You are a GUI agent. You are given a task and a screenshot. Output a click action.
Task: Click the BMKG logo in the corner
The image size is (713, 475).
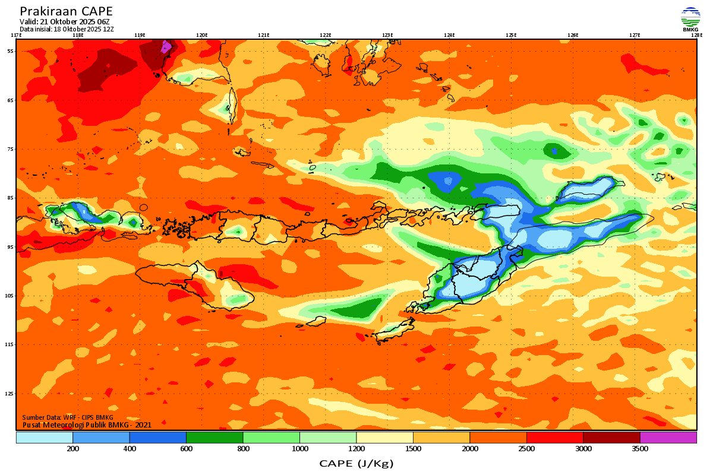pos(690,19)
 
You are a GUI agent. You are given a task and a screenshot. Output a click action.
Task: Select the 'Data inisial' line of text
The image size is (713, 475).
pos(67,28)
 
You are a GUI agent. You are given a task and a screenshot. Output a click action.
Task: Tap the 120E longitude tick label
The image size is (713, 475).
pos(202,35)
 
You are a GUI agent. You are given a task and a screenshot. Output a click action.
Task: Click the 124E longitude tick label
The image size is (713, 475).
pos(449,35)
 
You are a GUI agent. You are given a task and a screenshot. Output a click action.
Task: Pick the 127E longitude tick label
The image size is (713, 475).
pos(635,35)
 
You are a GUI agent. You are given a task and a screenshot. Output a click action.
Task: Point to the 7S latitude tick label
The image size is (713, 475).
pos(11,149)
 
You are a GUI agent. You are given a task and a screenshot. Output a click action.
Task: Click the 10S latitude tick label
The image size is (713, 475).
pos(10,296)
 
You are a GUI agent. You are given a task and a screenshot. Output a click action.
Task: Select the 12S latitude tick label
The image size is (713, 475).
pos(10,394)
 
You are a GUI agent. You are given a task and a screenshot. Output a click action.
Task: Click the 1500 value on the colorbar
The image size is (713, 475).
pos(413,449)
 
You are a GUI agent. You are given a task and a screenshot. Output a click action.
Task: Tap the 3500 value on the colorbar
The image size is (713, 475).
pos(640,449)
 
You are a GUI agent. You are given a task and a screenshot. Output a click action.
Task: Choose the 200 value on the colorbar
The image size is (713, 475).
pos(73,449)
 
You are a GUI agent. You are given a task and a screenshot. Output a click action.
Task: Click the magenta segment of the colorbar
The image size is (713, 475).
pos(668,438)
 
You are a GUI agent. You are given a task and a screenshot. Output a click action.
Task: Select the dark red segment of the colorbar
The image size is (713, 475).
pos(611,438)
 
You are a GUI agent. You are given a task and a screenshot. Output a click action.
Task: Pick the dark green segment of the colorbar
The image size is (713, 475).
pos(214,438)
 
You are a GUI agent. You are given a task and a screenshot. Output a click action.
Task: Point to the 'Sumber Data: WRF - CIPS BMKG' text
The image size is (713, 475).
pos(68,417)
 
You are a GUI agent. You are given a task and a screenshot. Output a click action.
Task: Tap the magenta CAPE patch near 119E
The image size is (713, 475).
pos(166,46)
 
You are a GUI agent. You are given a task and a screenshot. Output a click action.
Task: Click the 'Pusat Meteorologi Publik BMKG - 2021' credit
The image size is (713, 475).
pos(87,425)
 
